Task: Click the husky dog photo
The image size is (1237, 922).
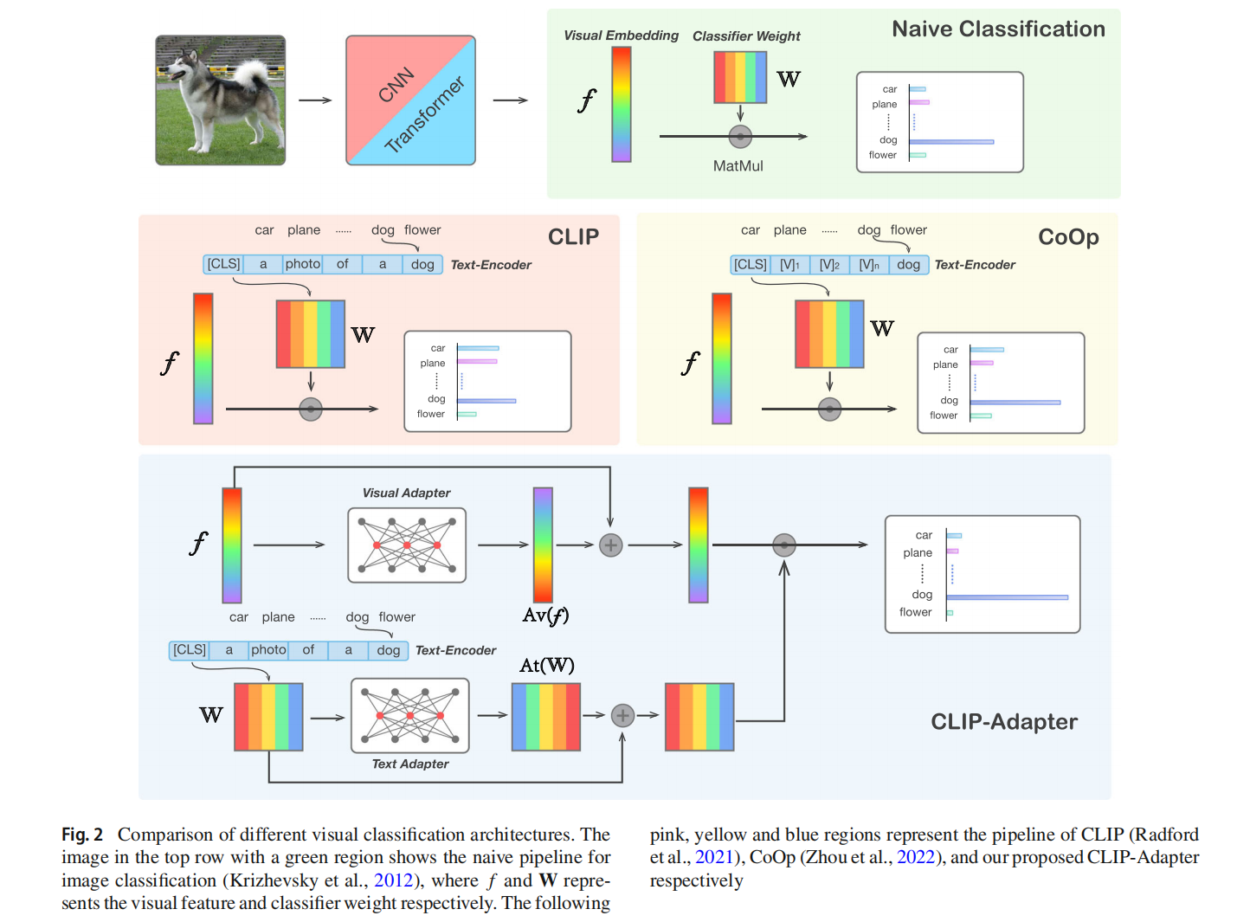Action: coord(220,100)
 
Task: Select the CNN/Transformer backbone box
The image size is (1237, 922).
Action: coord(410,100)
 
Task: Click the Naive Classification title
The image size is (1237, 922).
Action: coord(998,29)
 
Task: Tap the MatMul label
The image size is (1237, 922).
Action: coord(738,166)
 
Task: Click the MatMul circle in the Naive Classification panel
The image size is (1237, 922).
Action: coord(740,136)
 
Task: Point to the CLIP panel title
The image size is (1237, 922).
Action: coord(573,237)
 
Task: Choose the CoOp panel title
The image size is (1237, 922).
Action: coord(1068,237)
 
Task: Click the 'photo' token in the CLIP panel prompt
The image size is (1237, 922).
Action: coord(303,264)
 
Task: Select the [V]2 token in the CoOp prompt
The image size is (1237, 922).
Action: coord(829,265)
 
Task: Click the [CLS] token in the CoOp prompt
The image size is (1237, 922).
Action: coord(750,265)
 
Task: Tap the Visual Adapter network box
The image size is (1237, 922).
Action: coord(407,545)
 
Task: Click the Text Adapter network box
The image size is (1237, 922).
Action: coord(410,715)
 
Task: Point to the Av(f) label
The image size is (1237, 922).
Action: coord(545,616)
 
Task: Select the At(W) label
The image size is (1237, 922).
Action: coord(546,665)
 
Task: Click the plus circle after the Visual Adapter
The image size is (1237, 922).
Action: coord(611,545)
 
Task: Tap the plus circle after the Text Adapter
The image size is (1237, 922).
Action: coord(622,716)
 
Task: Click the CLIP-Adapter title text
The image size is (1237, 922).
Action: coord(1003,722)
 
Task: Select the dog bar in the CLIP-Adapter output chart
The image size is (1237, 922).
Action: coord(1007,597)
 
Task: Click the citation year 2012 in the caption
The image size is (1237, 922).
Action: coord(393,880)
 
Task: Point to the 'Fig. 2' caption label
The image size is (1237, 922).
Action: coord(82,835)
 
